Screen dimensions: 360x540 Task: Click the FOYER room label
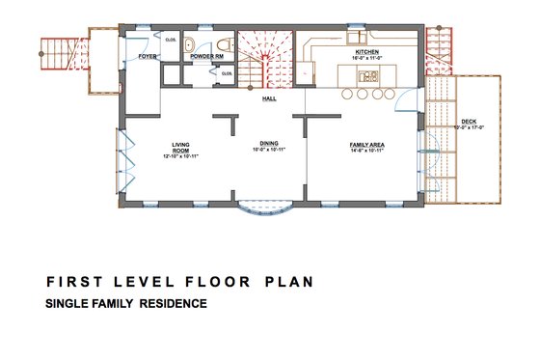tap(147, 57)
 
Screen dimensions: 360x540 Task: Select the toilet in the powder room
tap(224, 43)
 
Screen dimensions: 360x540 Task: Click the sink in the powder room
tap(190, 43)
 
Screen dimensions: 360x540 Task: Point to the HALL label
tap(270, 98)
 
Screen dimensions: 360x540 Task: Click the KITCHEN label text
tap(366, 50)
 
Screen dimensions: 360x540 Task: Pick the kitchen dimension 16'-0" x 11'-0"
tap(366, 57)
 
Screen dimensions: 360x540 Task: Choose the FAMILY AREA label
tap(366, 144)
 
